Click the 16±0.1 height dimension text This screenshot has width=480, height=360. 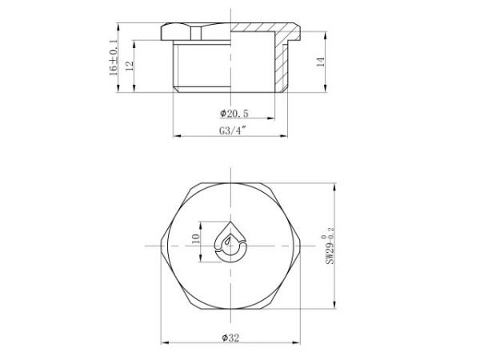tap(114, 58)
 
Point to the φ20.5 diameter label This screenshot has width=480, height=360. tap(233, 114)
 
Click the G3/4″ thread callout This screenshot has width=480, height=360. tap(231, 132)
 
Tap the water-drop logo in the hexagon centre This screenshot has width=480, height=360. tap(233, 240)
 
